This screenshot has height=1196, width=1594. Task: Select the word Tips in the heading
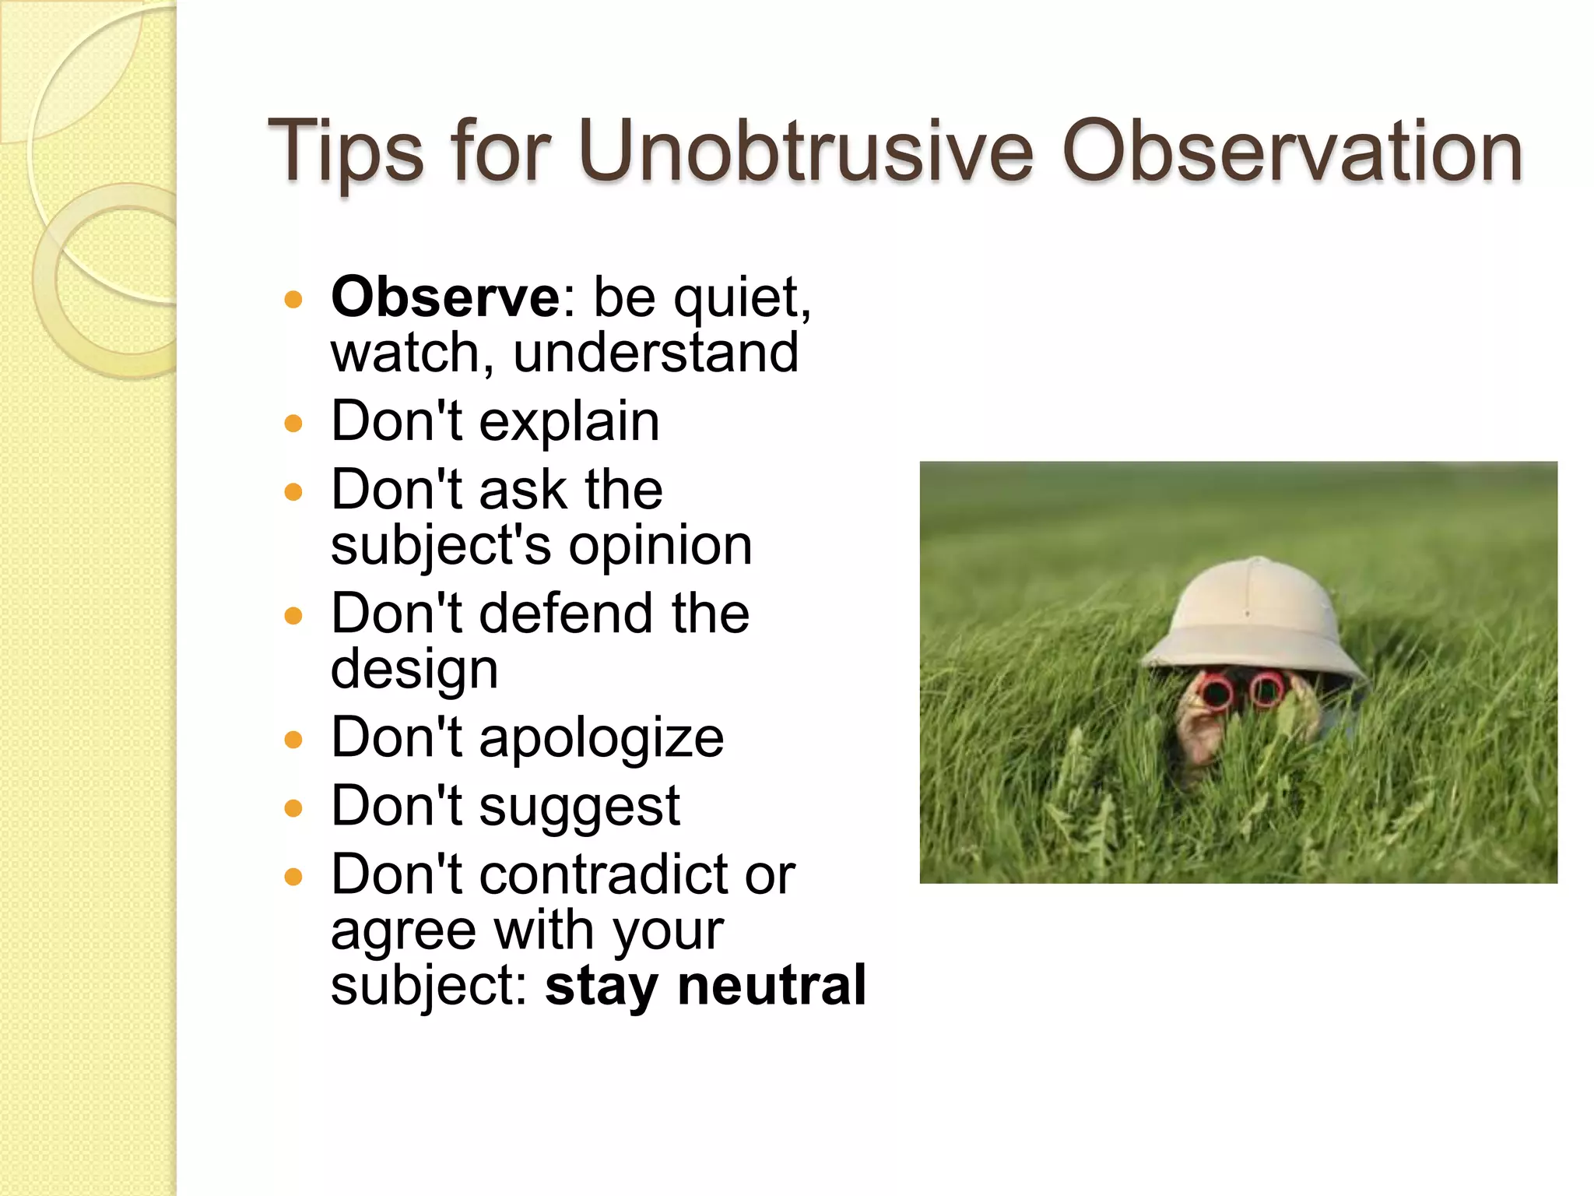[345, 153]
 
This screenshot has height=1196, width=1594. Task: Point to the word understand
[655, 353]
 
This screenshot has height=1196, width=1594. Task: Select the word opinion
[660, 546]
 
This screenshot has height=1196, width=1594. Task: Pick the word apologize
[601, 738]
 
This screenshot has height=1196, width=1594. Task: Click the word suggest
[579, 807]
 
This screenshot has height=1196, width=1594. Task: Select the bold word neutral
[771, 985]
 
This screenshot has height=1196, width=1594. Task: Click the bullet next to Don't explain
[293, 424]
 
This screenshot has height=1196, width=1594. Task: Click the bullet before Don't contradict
[293, 878]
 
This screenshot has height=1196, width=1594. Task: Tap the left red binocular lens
[1214, 691]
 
